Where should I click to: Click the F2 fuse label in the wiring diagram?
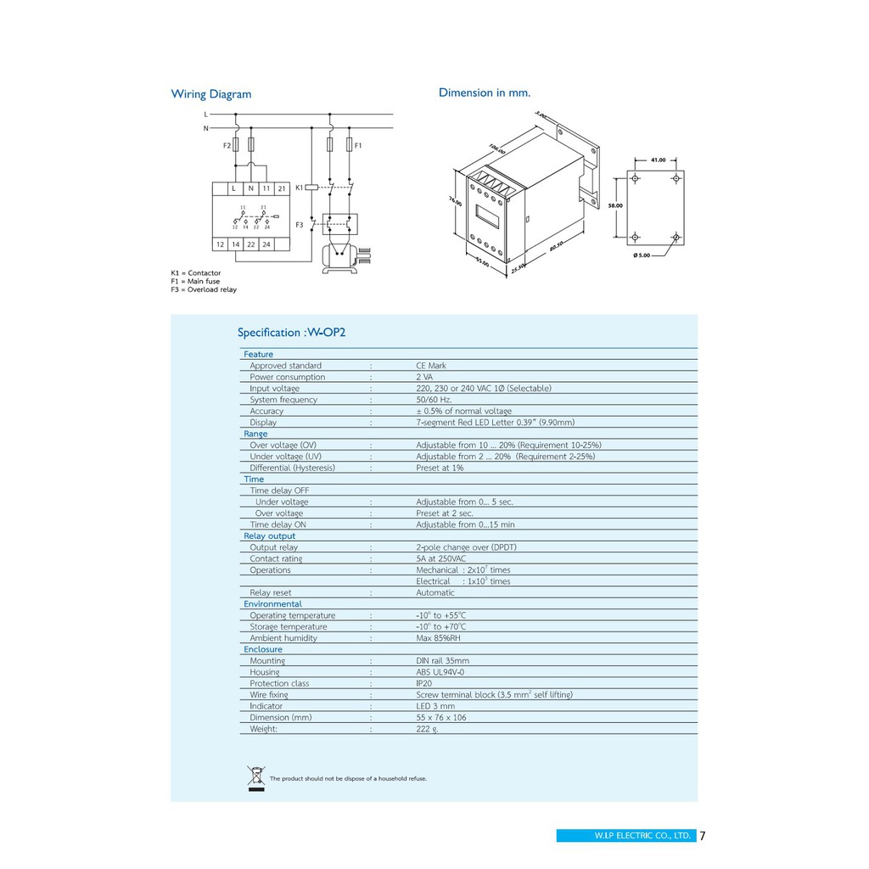coord(227,146)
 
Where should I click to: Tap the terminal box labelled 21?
coord(282,188)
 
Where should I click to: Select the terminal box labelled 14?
coord(236,244)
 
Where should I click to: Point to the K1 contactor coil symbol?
coord(311,186)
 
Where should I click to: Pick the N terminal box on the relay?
coord(250,188)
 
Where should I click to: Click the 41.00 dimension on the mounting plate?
coord(658,160)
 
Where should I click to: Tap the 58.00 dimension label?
coord(615,205)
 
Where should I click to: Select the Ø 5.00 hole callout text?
coord(642,255)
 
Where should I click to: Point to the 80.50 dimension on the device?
coord(557,245)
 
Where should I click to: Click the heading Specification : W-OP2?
coord(291,333)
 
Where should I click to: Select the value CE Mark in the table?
coord(431,366)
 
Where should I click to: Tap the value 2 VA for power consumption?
coord(424,377)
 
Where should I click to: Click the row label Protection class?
coord(279,683)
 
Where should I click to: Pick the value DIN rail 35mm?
coord(442,660)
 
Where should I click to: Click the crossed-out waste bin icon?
coord(256,777)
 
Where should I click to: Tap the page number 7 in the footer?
coord(703,835)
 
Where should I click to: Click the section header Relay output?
coord(270,535)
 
